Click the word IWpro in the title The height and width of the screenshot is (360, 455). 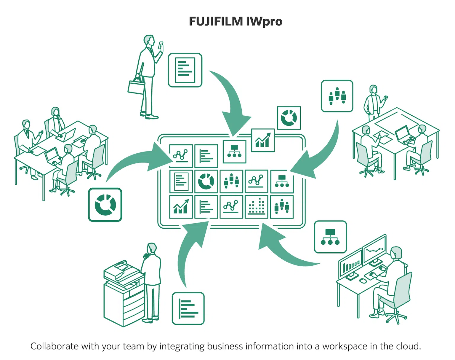pos(264,22)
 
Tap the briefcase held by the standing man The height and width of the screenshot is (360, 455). pos(136,87)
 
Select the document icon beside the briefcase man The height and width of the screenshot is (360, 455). pos(185,70)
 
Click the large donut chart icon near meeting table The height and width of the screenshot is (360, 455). pos(105,205)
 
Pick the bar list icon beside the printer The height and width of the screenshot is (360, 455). pos(188,308)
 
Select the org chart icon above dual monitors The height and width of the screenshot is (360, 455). pos(330,237)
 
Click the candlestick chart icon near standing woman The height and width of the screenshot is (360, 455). pos(337,96)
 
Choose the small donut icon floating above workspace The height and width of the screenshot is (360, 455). pos(289,118)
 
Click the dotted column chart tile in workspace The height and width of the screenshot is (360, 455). pos(256,207)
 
